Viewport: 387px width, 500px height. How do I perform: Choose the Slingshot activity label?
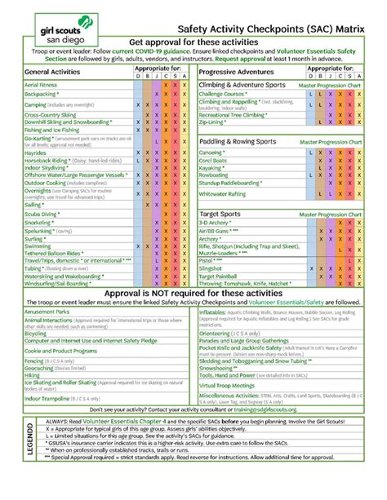pyautogui.click(x=216, y=267)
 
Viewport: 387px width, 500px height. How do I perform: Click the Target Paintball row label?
pyautogui.click(x=225, y=277)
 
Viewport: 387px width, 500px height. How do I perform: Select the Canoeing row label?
pyautogui.click(x=215, y=152)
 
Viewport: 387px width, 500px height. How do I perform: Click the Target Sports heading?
pyautogui.click(x=220, y=214)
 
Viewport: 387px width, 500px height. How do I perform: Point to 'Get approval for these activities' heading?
pyautogui.click(x=193, y=41)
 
